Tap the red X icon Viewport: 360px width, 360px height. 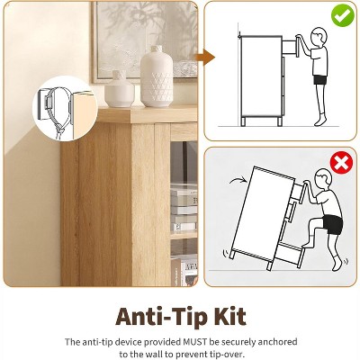(341, 163)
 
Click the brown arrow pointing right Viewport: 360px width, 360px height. (206, 57)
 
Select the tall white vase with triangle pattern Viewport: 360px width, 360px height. (157, 76)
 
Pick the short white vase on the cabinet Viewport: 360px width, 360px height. (120, 89)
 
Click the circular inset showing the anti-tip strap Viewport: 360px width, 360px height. (64, 108)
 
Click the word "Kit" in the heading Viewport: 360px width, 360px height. (230, 316)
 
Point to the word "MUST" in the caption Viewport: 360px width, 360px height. (195, 342)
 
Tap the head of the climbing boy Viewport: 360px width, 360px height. (324, 180)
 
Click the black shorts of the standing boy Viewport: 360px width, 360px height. (320, 80)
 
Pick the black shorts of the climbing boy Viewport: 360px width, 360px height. (333, 224)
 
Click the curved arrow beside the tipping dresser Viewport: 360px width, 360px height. (238, 180)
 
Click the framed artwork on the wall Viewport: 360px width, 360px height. (145, 42)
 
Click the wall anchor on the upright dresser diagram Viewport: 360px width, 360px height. (239, 37)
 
